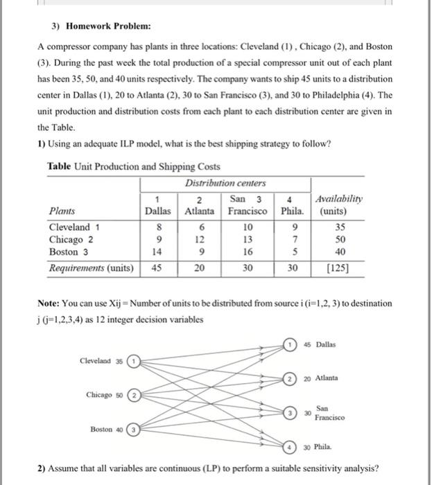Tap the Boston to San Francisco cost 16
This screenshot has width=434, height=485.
(x=248, y=252)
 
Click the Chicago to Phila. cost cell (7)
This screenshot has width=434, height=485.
(x=296, y=239)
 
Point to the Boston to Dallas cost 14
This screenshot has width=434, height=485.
(x=157, y=252)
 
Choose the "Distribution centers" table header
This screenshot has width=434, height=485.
(x=225, y=183)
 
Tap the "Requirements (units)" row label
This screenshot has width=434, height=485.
(x=91, y=267)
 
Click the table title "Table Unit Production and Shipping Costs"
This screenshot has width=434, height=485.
(x=134, y=166)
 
